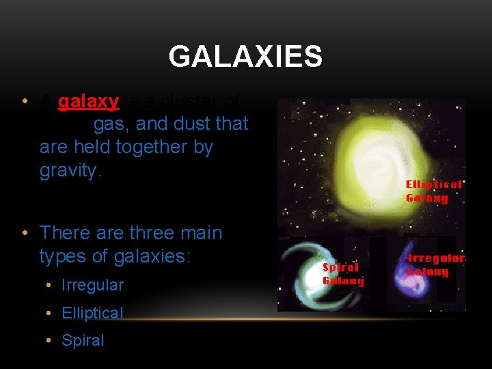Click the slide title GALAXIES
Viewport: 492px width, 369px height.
click(x=245, y=57)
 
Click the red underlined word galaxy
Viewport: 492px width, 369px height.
click(x=89, y=102)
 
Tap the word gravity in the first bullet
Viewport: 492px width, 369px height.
click(x=70, y=170)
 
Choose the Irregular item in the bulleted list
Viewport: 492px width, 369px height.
click(x=92, y=285)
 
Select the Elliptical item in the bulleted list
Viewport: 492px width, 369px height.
click(x=92, y=313)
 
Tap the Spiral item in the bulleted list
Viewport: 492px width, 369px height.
click(x=83, y=340)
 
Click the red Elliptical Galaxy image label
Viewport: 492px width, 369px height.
click(x=434, y=191)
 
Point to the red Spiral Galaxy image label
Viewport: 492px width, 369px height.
click(x=343, y=274)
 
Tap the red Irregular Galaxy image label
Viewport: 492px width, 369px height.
click(x=436, y=265)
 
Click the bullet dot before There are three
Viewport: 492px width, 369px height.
click(x=25, y=234)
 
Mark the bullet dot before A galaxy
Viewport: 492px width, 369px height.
click(x=25, y=102)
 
